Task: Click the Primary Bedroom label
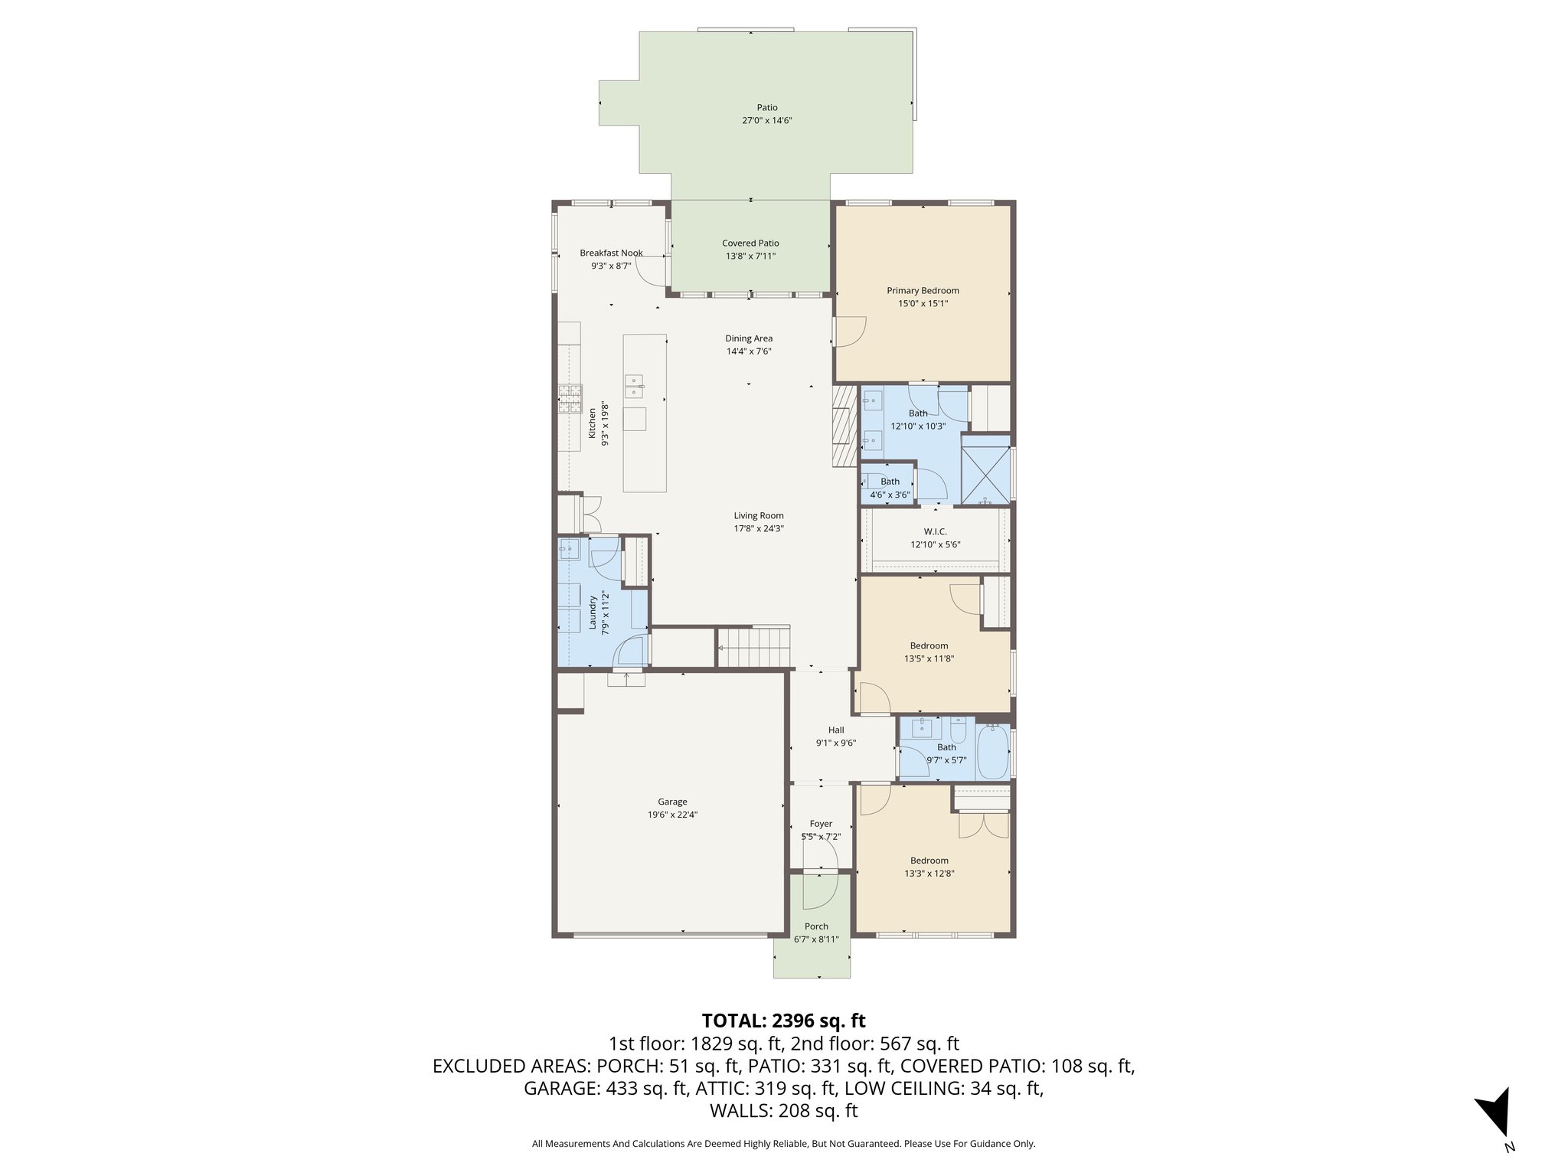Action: (923, 290)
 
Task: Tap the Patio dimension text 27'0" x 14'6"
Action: (766, 121)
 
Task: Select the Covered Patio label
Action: (750, 243)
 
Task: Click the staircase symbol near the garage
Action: (753, 647)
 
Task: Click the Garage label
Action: (672, 802)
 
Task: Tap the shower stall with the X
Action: (985, 469)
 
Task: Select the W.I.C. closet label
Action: (935, 531)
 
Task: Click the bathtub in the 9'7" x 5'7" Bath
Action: (992, 752)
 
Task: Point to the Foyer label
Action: (821, 824)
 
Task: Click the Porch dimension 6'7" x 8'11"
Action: (816, 939)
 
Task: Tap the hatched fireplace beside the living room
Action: (844, 426)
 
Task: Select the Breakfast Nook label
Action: (611, 253)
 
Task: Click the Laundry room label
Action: (593, 613)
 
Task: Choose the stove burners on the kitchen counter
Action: (570, 398)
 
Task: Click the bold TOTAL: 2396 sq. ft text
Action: (783, 1021)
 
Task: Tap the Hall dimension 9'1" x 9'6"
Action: (835, 743)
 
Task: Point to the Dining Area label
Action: (749, 338)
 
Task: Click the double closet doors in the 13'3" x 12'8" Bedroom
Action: (983, 825)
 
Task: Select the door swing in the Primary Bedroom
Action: (848, 332)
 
